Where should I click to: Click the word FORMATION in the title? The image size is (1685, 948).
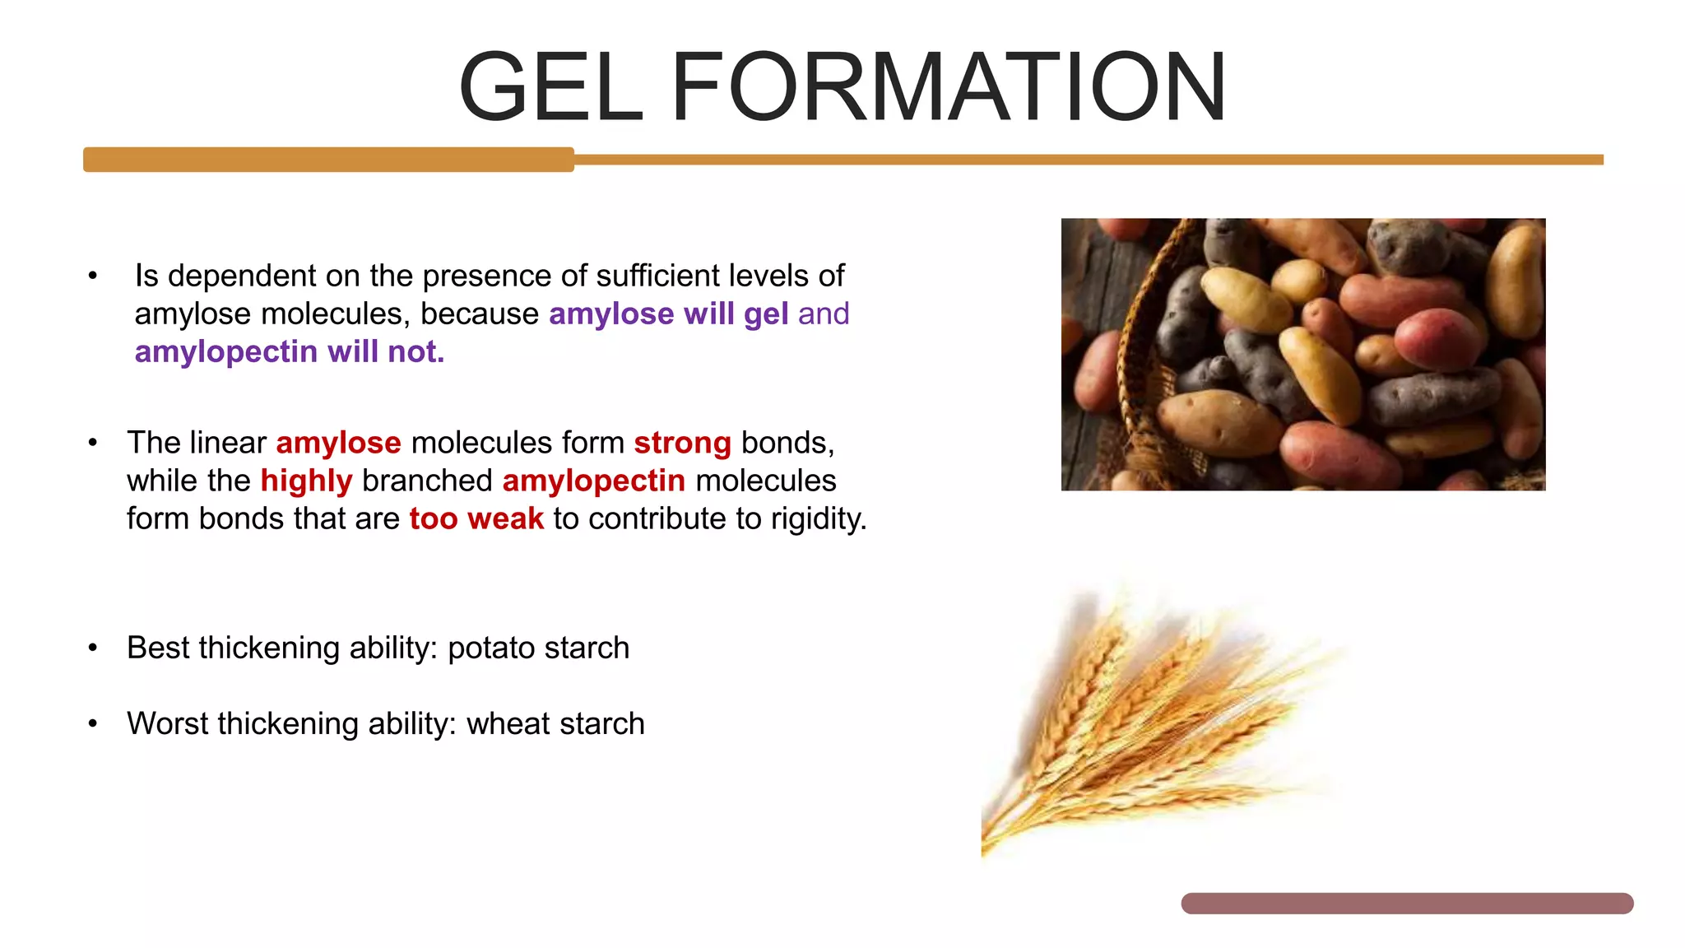[x=949, y=87]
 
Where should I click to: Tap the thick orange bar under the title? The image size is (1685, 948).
[x=328, y=160]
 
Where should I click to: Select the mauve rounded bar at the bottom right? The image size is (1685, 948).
[x=1407, y=904]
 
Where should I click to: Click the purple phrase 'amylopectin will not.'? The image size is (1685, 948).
[x=290, y=352]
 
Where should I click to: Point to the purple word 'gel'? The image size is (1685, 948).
[x=766, y=314]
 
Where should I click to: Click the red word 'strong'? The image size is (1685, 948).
[x=682, y=444]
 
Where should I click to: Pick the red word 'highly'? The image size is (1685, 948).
[x=306, y=481]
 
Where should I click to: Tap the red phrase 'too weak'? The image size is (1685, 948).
[x=476, y=519]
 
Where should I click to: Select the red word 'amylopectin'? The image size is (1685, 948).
[x=593, y=481]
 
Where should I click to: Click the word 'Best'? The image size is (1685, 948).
[x=158, y=648]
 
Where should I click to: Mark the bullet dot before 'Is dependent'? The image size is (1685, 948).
[x=93, y=276]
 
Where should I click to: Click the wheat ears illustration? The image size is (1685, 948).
[x=1152, y=724]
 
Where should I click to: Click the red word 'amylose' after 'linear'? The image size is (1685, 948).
[x=338, y=444]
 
